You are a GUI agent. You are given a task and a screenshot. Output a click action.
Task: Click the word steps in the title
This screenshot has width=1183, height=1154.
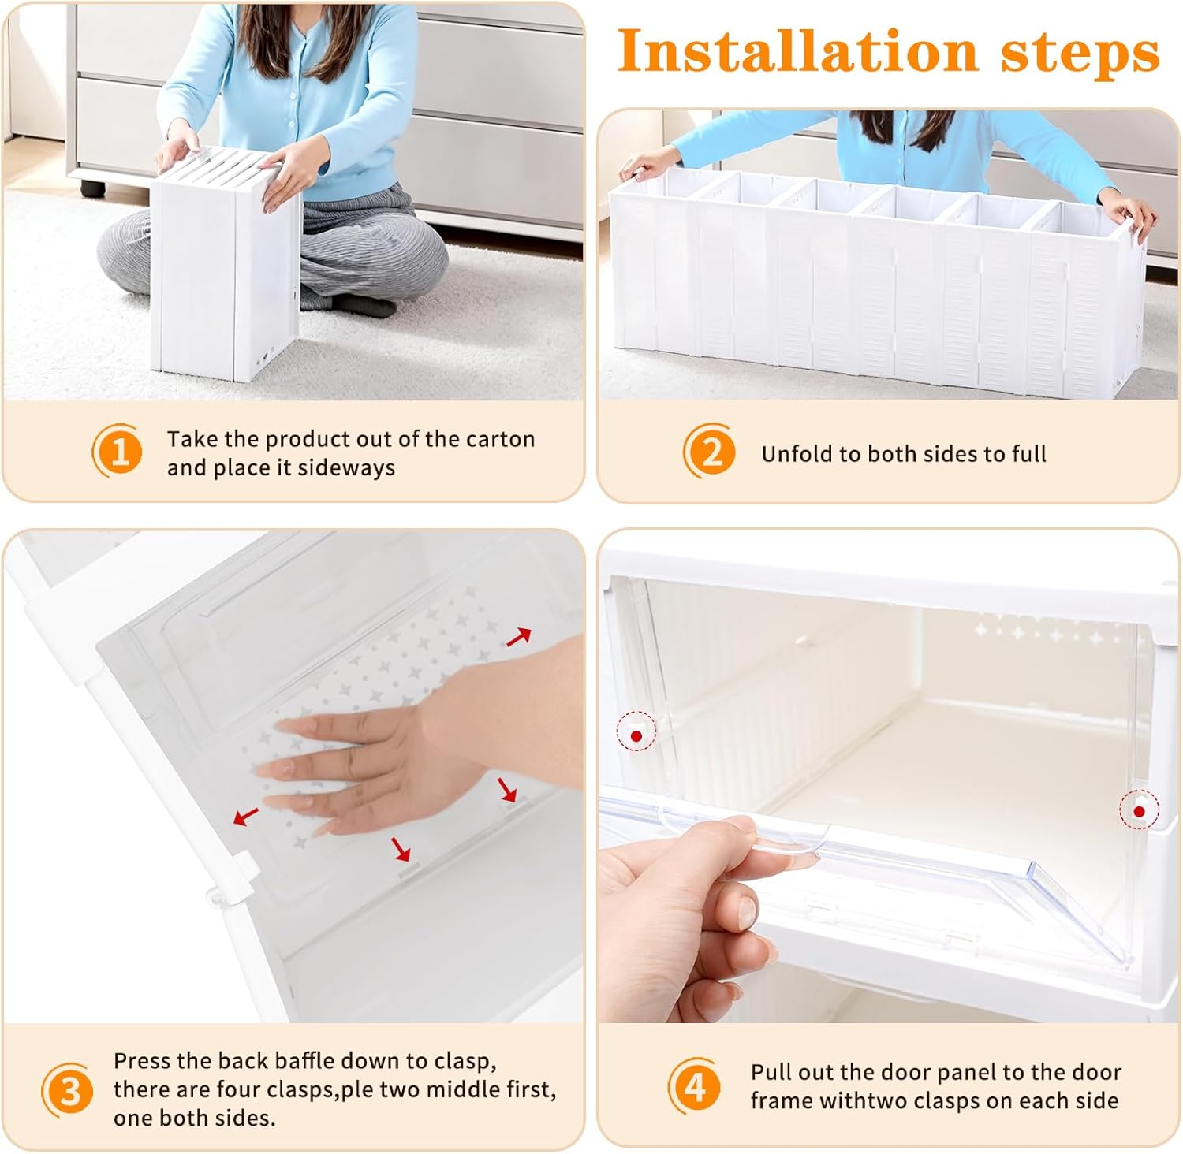pyautogui.click(x=1080, y=54)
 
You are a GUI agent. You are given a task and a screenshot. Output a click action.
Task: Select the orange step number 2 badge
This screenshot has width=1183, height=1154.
pyautogui.click(x=710, y=452)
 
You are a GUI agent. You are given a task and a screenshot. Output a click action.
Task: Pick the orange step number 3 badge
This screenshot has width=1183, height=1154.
pyautogui.click(x=68, y=1090)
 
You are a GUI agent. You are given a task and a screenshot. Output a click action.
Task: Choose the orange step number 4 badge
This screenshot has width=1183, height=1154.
pyautogui.click(x=694, y=1086)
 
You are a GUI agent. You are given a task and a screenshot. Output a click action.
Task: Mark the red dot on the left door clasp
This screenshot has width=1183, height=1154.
pyautogui.click(x=636, y=736)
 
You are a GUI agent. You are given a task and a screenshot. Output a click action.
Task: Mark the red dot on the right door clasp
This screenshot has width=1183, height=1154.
pyautogui.click(x=1139, y=811)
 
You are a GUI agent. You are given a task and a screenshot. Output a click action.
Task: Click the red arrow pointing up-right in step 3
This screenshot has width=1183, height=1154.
pyautogui.click(x=518, y=637)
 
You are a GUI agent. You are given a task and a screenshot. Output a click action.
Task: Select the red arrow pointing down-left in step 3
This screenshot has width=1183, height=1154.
pyautogui.click(x=245, y=816)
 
